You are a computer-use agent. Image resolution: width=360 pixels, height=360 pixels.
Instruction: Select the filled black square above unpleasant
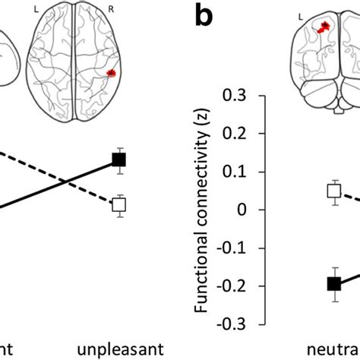pyautogui.click(x=118, y=159)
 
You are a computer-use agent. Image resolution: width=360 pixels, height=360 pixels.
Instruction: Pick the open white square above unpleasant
pyautogui.click(x=118, y=204)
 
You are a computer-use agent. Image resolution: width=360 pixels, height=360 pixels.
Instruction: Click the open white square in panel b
pyautogui.click(x=334, y=191)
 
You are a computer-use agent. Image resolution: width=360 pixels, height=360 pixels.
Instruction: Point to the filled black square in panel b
pyautogui.click(x=333, y=283)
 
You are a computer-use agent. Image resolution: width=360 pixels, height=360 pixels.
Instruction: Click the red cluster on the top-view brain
pyautogui.click(x=112, y=72)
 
